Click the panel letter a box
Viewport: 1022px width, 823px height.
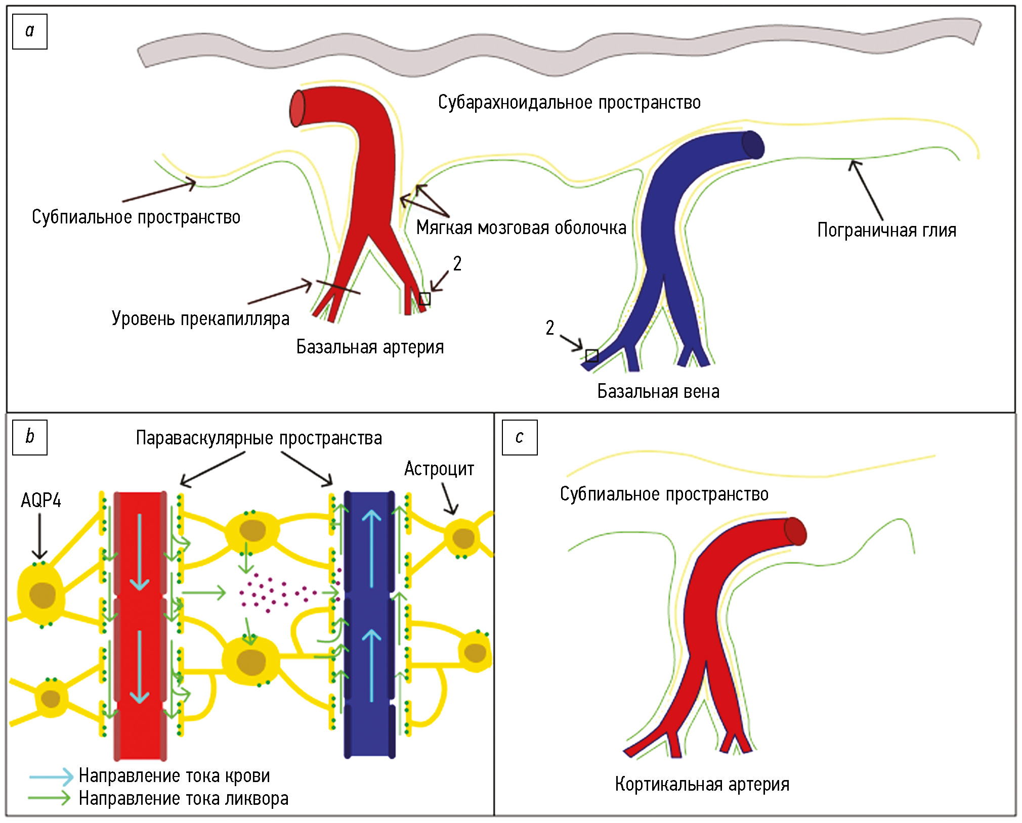[30, 32]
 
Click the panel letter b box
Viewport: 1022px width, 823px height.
[30, 437]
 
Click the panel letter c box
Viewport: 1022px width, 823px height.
[520, 437]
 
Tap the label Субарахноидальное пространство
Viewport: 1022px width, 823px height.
[569, 103]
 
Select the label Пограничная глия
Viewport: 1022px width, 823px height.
[886, 231]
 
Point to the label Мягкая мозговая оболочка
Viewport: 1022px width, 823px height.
[521, 228]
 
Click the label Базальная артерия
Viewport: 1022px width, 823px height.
[370, 347]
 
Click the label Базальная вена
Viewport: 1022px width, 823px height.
[658, 392]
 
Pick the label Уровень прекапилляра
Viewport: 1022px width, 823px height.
[200, 319]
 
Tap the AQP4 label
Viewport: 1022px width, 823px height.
[41, 500]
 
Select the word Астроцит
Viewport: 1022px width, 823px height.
[439, 469]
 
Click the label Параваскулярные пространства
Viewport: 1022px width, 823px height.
[259, 438]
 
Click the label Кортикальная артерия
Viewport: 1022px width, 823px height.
[702, 784]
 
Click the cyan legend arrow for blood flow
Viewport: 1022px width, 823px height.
[51, 776]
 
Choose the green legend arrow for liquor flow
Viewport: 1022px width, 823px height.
[50, 798]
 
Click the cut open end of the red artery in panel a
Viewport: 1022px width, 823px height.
[297, 108]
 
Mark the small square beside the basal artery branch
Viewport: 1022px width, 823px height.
[425, 299]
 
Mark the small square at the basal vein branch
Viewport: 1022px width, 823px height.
[591, 356]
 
